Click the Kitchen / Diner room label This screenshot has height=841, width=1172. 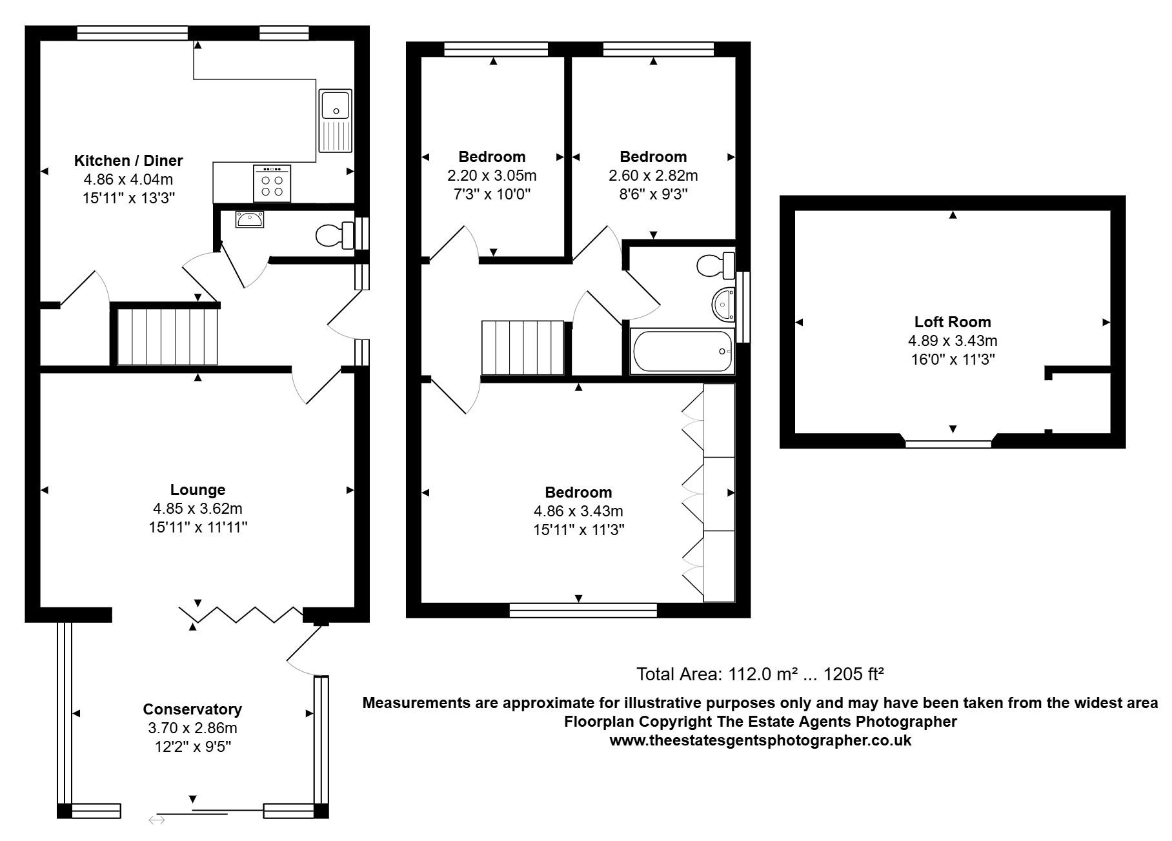tap(128, 160)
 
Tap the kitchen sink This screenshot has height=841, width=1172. tap(336, 121)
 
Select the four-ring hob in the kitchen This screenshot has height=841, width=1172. tap(272, 183)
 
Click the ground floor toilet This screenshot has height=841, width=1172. tap(334, 235)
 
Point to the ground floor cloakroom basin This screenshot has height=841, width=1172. tap(249, 219)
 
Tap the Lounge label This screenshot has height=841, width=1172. tap(197, 489)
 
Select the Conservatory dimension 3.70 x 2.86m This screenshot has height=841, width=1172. tap(192, 728)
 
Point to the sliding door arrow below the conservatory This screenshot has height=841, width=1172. tap(157, 820)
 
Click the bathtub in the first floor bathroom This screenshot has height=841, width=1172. tap(683, 352)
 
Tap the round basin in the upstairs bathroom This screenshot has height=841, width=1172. tap(723, 303)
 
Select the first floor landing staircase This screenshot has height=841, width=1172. tap(523, 347)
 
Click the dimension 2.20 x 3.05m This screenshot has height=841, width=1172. tap(492, 176)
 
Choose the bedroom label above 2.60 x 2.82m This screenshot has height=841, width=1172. tap(653, 156)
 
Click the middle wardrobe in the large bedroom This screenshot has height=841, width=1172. tap(718, 494)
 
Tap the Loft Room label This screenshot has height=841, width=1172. tap(953, 321)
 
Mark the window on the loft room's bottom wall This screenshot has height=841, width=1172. tap(948, 443)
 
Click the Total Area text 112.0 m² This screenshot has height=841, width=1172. tap(759, 674)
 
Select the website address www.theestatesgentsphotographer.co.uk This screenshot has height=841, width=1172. tap(760, 740)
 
